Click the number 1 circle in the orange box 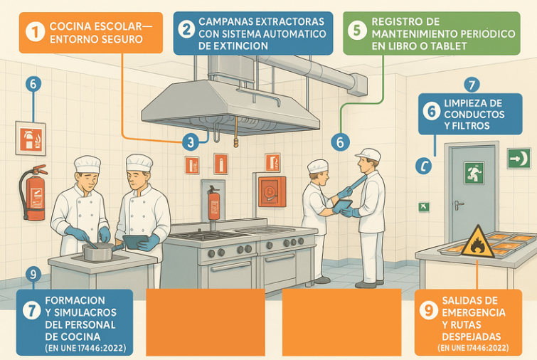[35, 31]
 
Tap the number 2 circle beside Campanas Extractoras [186, 29]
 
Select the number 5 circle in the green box [357, 30]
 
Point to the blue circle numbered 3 [191, 142]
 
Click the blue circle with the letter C [424, 166]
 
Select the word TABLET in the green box [449, 46]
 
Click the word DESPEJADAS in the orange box [472, 337]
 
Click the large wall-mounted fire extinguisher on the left [33, 194]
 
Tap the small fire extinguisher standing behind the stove [213, 204]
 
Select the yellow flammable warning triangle [477, 242]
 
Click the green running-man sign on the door [474, 173]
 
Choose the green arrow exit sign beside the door [519, 158]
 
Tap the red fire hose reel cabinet [272, 191]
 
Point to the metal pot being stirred [99, 252]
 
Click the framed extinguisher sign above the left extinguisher [31, 139]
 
